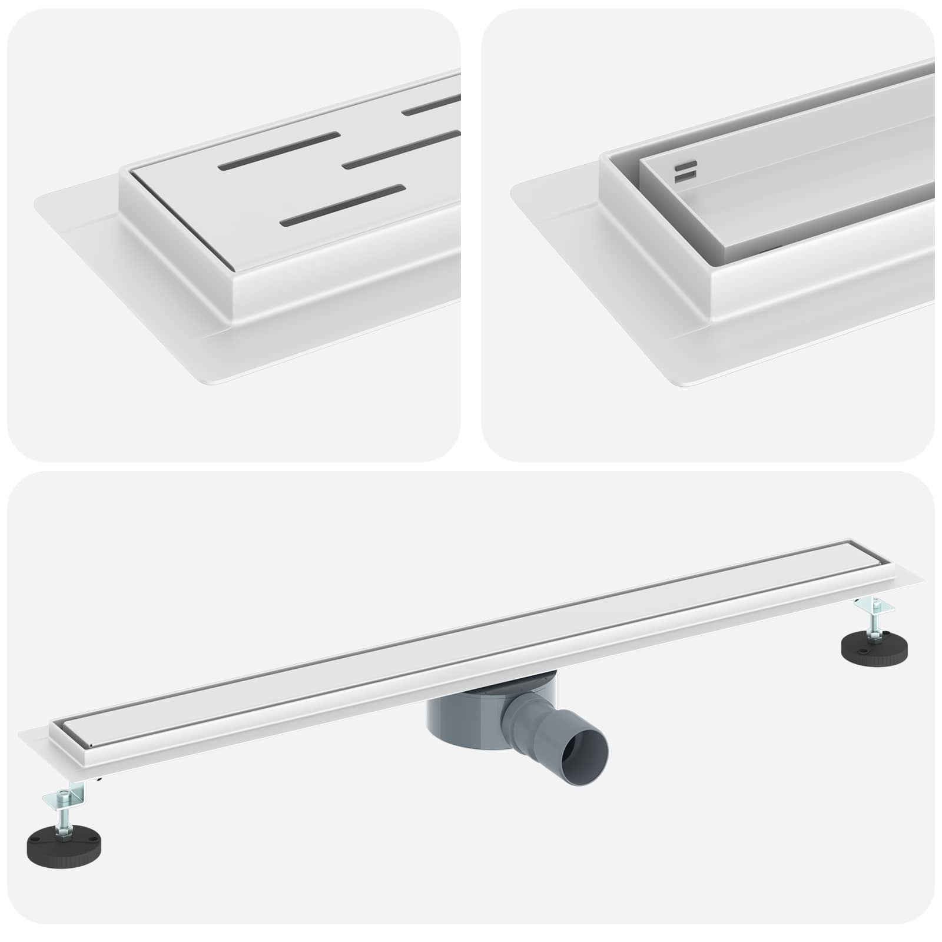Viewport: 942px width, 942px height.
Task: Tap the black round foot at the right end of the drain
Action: (x=874, y=645)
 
